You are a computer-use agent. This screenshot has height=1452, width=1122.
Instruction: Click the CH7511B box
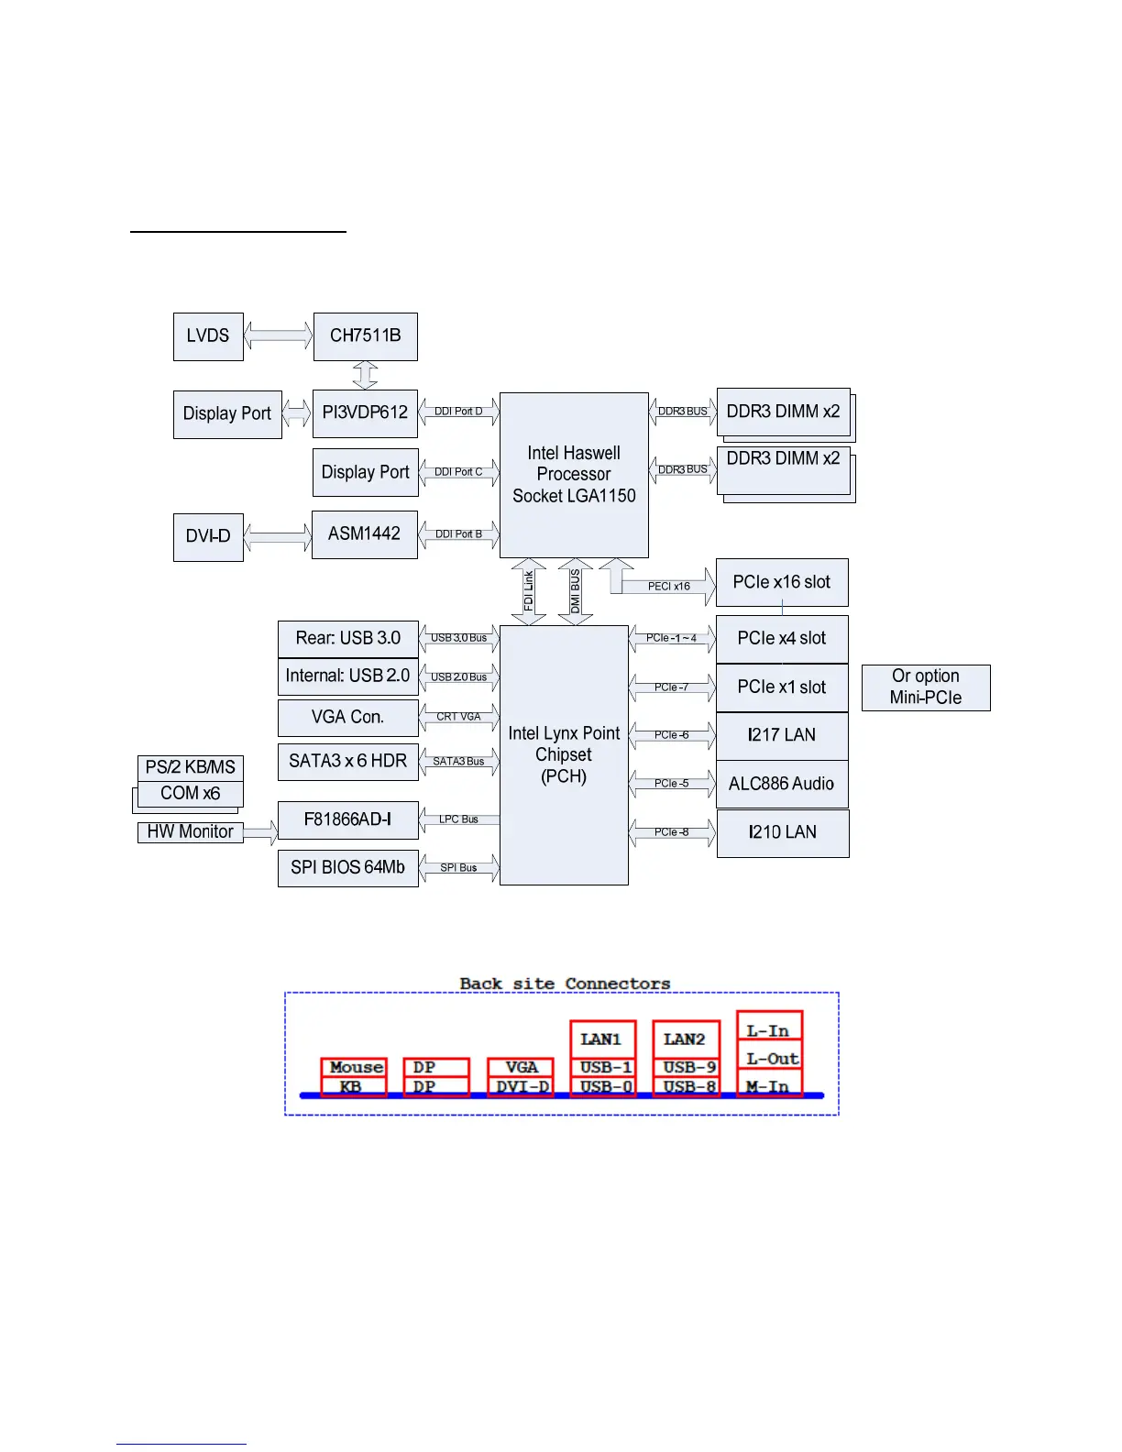click(x=365, y=336)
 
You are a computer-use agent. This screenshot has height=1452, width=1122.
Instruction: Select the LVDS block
click(x=208, y=336)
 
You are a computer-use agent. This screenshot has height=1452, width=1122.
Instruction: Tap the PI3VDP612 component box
click(x=365, y=413)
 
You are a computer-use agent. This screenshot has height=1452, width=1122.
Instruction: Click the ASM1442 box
click(x=365, y=534)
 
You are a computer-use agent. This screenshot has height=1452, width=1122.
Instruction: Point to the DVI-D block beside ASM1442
click(x=208, y=536)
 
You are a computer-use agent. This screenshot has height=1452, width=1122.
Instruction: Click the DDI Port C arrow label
click(x=458, y=472)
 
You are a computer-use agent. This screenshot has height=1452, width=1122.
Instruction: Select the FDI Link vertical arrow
click(x=529, y=591)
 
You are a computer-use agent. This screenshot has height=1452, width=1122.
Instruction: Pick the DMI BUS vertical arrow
click(x=575, y=591)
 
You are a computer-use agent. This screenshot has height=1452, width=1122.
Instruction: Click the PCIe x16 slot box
click(x=782, y=582)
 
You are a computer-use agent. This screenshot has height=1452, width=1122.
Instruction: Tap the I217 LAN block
click(x=782, y=735)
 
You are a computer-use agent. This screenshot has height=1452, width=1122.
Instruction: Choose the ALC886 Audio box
click(x=782, y=784)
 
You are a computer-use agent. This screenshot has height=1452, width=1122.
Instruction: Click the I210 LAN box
click(x=782, y=832)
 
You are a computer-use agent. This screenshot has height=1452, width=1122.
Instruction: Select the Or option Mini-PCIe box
click(x=926, y=687)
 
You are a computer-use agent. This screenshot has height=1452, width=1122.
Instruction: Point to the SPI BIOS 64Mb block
click(x=347, y=867)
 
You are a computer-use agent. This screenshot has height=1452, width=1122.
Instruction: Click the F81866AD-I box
click(x=347, y=819)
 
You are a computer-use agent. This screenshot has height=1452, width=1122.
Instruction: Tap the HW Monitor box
click(x=190, y=831)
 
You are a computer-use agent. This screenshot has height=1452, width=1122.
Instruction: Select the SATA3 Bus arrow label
click(x=458, y=762)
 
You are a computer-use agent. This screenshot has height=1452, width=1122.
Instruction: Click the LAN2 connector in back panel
click(x=685, y=1039)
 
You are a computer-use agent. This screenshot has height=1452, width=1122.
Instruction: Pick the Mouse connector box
click(x=355, y=1067)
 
